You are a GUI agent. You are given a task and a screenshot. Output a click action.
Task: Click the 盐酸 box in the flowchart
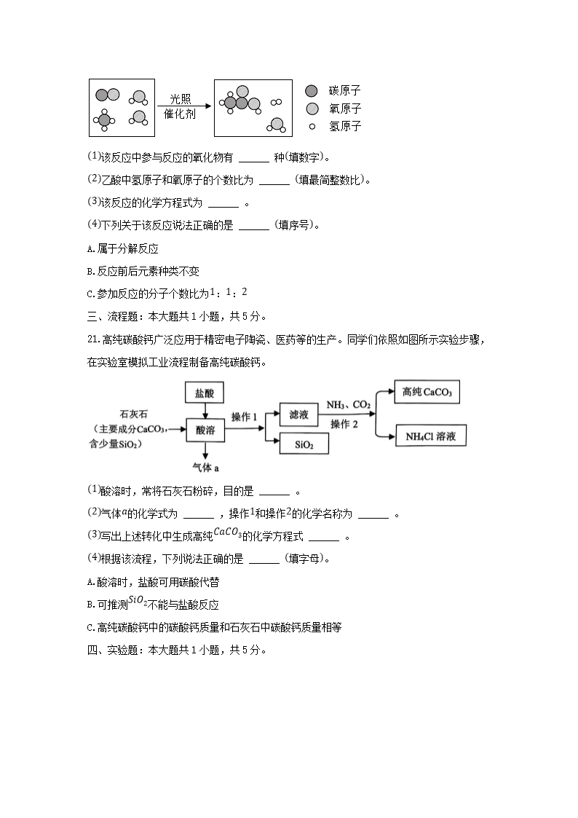pyautogui.click(x=205, y=393)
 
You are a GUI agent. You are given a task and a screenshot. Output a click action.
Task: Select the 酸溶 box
pyautogui.click(x=205, y=429)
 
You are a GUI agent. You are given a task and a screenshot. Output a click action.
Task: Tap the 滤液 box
pyautogui.click(x=299, y=414)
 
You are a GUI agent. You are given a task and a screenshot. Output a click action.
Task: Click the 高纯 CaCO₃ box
pyautogui.click(x=427, y=392)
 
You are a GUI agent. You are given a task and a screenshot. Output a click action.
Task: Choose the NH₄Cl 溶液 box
pyautogui.click(x=430, y=436)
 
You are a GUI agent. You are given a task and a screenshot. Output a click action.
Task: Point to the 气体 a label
pyautogui.click(x=205, y=466)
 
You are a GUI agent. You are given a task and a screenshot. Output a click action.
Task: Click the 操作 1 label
pyautogui.click(x=245, y=416)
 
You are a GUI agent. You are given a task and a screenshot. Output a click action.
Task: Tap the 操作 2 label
pyautogui.click(x=344, y=424)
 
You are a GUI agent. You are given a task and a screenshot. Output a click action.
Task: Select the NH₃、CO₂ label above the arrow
pyautogui.click(x=348, y=404)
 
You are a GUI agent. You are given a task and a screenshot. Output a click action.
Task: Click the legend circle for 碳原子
pyautogui.click(x=312, y=91)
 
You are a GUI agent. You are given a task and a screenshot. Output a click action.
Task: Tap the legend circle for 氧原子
pyautogui.click(x=312, y=109)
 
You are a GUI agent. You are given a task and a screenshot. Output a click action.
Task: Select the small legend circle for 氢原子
pyautogui.click(x=312, y=126)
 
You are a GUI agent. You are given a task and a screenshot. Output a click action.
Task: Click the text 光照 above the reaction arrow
pyautogui.click(x=180, y=98)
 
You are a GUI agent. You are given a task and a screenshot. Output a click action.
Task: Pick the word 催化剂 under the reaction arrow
pyautogui.click(x=180, y=114)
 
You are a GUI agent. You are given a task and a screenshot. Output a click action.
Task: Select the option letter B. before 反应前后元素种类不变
pyautogui.click(x=90, y=271)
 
